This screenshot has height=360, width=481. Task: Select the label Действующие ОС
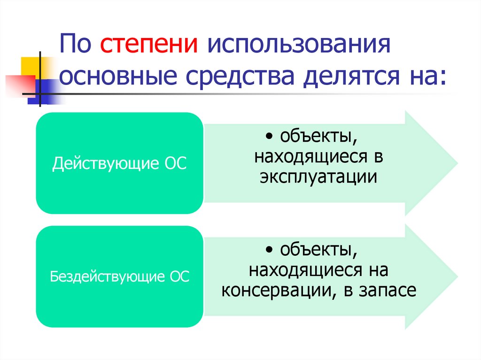click(119, 164)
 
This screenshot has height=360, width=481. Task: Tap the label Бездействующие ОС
click(119, 276)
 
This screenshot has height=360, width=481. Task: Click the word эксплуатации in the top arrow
click(318, 177)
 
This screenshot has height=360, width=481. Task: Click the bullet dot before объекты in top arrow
click(268, 137)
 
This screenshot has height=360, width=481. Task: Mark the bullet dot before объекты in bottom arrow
click(268, 249)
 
